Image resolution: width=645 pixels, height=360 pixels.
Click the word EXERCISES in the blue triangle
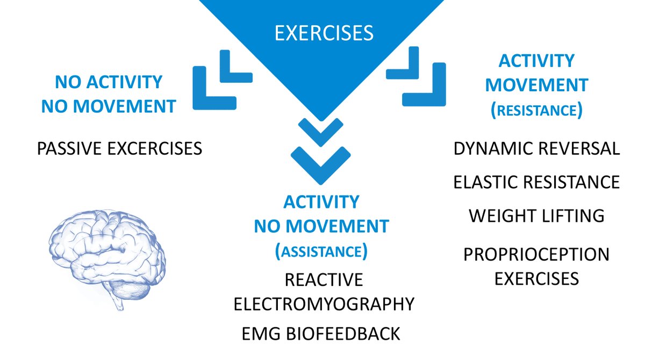click(x=324, y=33)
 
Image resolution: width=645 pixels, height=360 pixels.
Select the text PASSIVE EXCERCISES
click(x=119, y=148)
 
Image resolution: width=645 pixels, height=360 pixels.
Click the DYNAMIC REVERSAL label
click(x=536, y=149)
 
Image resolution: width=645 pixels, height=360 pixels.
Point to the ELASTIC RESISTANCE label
click(x=536, y=182)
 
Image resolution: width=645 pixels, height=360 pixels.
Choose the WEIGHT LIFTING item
click(x=536, y=216)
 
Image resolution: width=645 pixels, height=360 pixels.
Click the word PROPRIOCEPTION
click(x=536, y=254)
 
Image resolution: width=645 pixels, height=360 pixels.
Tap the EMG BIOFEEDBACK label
click(x=321, y=334)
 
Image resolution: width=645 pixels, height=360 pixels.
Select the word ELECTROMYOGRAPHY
click(x=324, y=304)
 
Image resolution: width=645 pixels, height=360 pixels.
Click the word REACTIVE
click(x=324, y=280)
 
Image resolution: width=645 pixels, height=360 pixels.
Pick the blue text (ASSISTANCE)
click(x=321, y=251)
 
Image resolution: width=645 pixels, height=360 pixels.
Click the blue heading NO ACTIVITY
click(x=109, y=82)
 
